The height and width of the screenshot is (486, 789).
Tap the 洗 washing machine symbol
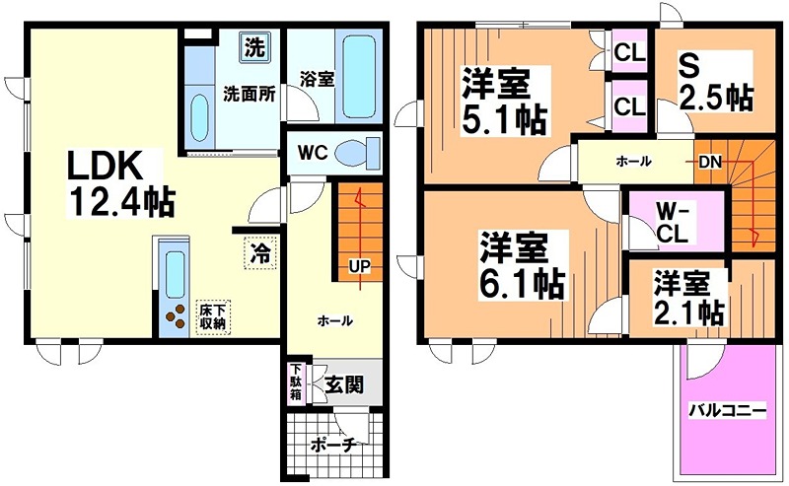[x=254, y=45]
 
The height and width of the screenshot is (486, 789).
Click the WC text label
[x=313, y=154]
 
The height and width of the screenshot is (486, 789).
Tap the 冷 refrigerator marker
[x=260, y=252]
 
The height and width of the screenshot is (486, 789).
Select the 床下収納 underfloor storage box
[x=211, y=315]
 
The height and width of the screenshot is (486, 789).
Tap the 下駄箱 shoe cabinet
[x=295, y=382]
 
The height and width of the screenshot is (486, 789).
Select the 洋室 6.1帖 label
[x=522, y=265]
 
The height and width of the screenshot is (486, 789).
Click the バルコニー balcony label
[x=727, y=409]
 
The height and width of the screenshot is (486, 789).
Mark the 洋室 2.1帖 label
[x=687, y=298]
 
